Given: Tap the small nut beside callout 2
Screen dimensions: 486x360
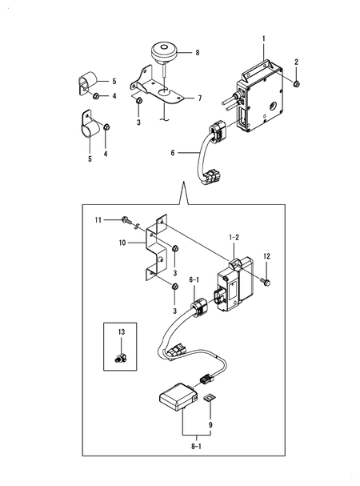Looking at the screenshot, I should click(x=296, y=82).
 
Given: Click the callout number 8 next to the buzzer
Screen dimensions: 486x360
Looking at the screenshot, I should click(x=198, y=53).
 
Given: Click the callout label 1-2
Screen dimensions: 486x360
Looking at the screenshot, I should click(x=234, y=238).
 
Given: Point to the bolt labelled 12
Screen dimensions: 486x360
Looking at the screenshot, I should click(x=266, y=281).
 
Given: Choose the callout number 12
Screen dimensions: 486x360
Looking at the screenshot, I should click(x=266, y=256).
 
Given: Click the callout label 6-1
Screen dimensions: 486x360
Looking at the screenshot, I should click(x=194, y=279).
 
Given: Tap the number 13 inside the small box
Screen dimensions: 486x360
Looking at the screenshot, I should click(x=122, y=331).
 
